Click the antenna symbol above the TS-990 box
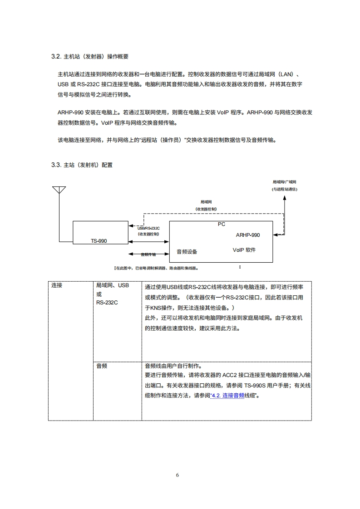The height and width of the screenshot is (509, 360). (x=59, y=190)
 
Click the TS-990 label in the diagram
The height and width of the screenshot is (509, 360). (x=99, y=241)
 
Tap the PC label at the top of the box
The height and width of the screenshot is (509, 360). (x=221, y=224)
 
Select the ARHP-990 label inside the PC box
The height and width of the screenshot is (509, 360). (x=248, y=235)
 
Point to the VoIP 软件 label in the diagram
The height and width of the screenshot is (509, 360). (x=244, y=250)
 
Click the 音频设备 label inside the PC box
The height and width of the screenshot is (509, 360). (x=187, y=251)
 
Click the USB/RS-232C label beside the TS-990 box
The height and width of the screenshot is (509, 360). (x=148, y=228)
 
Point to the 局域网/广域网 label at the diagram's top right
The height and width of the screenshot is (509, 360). (x=284, y=181)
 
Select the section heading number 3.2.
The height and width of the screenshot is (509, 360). (x=56, y=57)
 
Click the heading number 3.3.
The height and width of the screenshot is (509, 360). (x=56, y=165)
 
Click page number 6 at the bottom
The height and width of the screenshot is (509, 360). (x=178, y=475)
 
